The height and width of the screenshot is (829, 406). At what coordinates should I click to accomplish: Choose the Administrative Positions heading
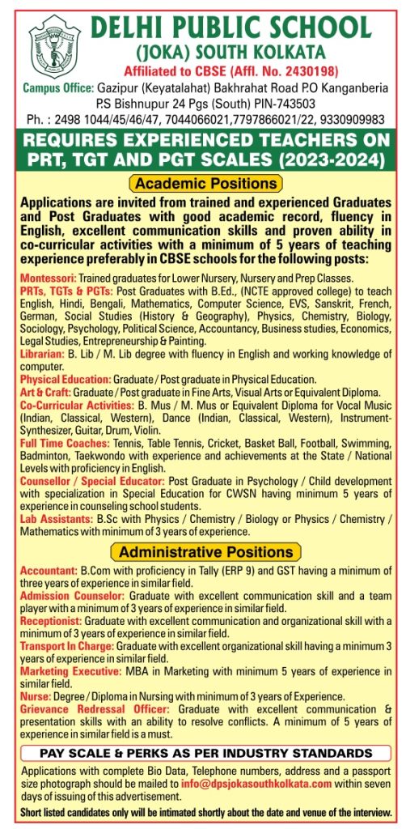click(207, 552)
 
